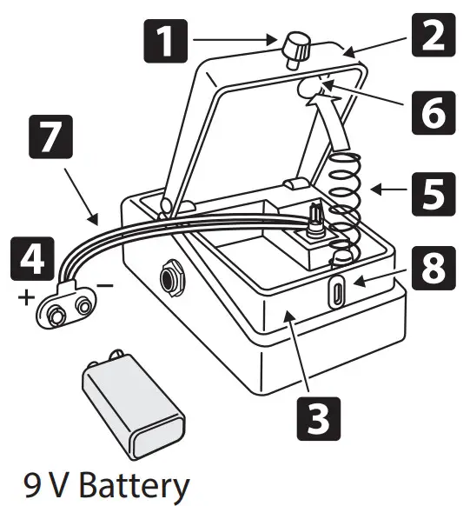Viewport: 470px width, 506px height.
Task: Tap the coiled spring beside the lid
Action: click(x=344, y=200)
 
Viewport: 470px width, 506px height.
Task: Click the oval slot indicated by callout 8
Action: click(x=337, y=289)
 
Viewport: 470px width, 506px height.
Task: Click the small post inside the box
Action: click(x=315, y=216)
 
